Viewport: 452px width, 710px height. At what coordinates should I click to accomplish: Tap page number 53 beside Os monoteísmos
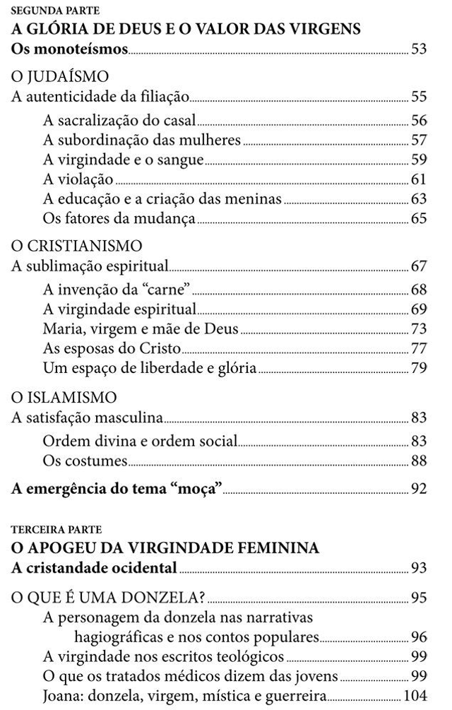[419, 49]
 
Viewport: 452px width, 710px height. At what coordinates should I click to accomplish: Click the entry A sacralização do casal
[119, 120]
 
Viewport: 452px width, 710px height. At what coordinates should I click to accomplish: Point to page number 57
[419, 140]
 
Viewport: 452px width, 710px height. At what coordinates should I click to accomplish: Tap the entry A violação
[78, 179]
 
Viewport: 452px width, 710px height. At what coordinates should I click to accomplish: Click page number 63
[419, 199]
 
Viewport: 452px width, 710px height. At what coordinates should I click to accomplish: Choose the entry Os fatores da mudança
[119, 218]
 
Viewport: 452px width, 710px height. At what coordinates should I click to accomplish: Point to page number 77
[419, 348]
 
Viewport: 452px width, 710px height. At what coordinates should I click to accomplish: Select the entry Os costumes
[85, 461]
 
